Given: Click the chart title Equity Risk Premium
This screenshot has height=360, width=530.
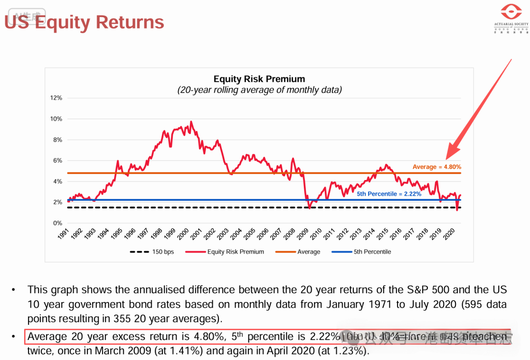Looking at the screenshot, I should (259, 79).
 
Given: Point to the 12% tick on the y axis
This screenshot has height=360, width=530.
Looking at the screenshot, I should (56, 98).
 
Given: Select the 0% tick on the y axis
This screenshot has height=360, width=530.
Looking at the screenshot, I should (58, 223).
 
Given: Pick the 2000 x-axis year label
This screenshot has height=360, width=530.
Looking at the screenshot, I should (183, 234).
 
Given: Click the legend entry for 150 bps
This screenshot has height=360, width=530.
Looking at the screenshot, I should (152, 252).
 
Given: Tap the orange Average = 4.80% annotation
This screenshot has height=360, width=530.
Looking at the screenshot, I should (437, 167).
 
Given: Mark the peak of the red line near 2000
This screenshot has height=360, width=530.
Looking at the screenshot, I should (191, 121).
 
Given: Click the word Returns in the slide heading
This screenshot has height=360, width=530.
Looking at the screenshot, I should (130, 22).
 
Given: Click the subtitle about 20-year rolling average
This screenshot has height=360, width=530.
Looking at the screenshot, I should (259, 90).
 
